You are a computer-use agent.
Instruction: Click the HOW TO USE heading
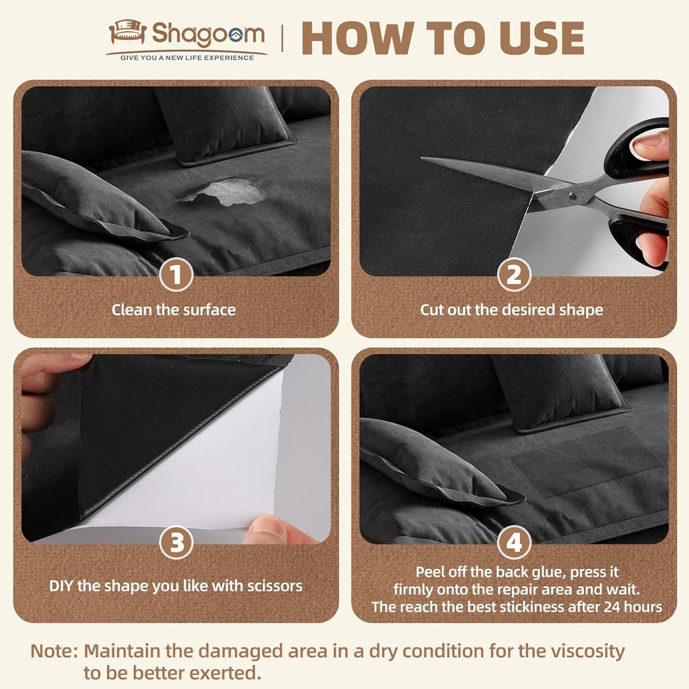pyautogui.click(x=443, y=38)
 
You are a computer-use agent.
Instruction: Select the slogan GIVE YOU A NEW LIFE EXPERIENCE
pyautogui.click(x=187, y=58)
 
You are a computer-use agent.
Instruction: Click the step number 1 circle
pyautogui.click(x=176, y=275)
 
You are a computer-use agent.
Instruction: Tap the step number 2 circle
pyautogui.click(x=514, y=275)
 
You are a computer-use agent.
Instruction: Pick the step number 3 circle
pyautogui.click(x=176, y=543)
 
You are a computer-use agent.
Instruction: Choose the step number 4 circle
pyautogui.click(x=514, y=543)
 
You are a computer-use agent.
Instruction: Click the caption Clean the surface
pyautogui.click(x=174, y=310)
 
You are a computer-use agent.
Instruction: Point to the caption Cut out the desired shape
pyautogui.click(x=512, y=310)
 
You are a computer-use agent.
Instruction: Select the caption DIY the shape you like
pyautogui.click(x=176, y=585)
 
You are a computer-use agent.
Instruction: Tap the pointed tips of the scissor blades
pyautogui.click(x=425, y=159)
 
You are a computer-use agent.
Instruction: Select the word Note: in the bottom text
pyautogui.click(x=55, y=651)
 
